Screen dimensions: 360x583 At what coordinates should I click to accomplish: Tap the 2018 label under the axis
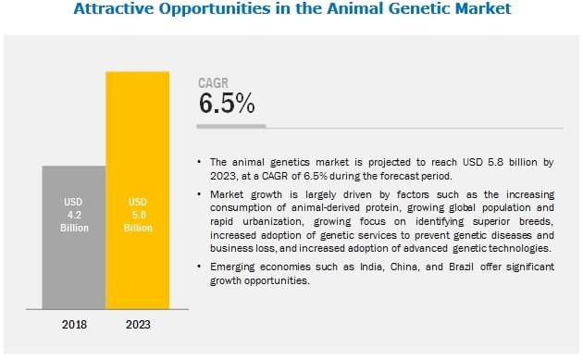[73, 324]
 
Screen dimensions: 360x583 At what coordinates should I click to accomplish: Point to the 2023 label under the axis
[138, 324]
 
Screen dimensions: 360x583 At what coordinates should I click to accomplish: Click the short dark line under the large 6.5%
[232, 124]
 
